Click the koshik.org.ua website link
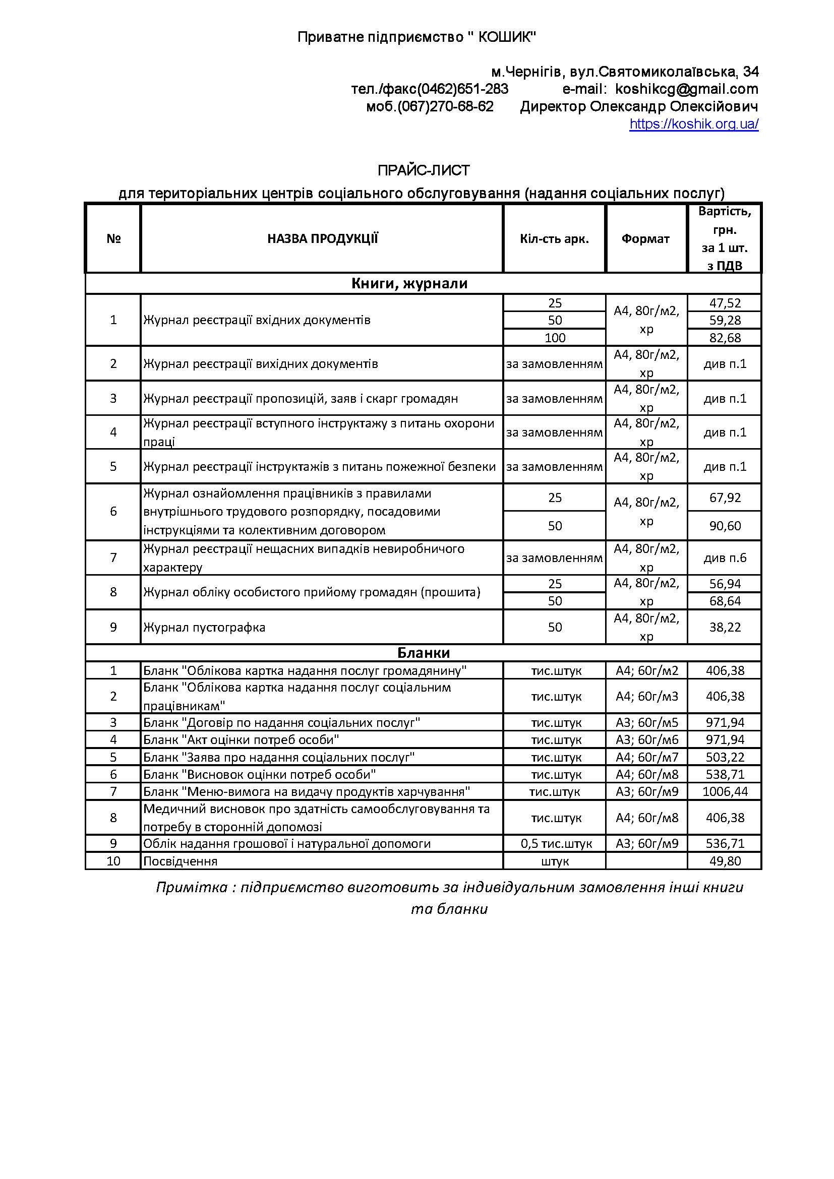693,125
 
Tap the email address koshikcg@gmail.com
686,89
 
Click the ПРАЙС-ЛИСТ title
424,170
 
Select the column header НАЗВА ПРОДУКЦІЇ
322,239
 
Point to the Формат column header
645,239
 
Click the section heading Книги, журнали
409,283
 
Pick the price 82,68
725,338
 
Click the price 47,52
725,303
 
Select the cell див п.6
725,557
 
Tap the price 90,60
725,526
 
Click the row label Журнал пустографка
204,628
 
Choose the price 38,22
725,627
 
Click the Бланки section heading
423,653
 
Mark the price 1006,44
725,791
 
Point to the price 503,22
725,757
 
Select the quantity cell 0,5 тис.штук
556,844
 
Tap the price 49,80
725,861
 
